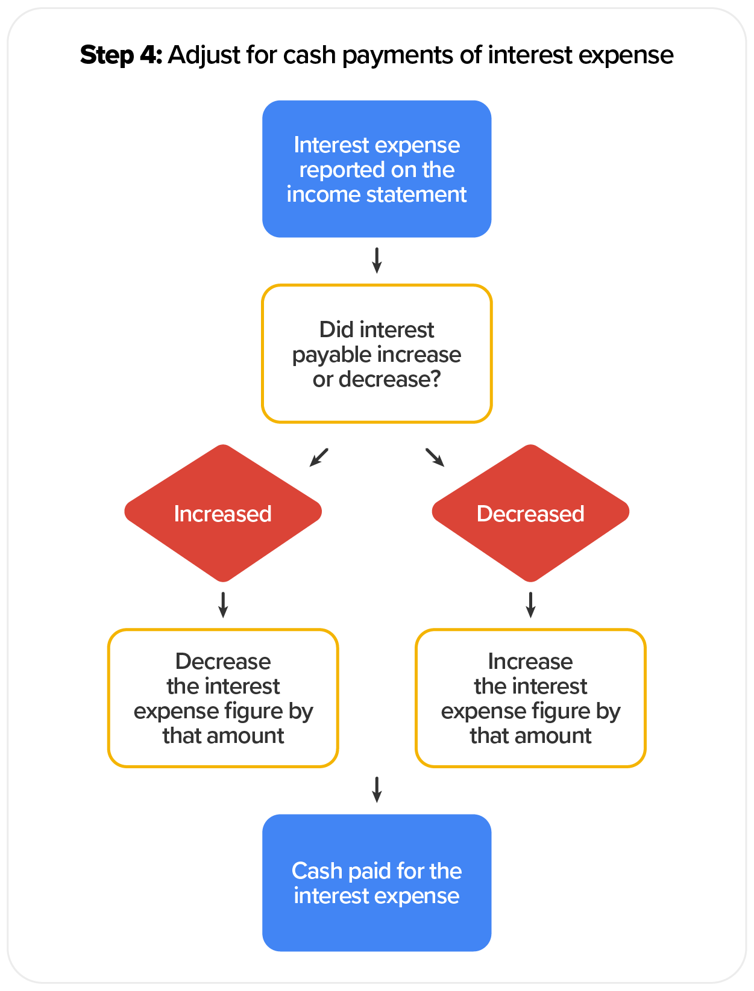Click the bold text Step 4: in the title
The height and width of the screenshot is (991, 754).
pyautogui.click(x=121, y=55)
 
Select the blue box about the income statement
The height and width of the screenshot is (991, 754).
pyautogui.click(x=377, y=169)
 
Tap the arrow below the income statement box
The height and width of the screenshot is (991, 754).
pyautogui.click(x=377, y=260)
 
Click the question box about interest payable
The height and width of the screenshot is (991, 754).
pyautogui.click(x=377, y=354)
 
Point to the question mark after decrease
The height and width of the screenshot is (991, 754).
pyautogui.click(x=435, y=379)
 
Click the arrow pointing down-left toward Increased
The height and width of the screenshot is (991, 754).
pyautogui.click(x=319, y=457)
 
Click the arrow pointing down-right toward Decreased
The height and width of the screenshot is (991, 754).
pyautogui.click(x=435, y=457)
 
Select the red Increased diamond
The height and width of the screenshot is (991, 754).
pyautogui.click(x=223, y=513)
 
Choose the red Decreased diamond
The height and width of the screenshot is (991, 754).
pyautogui.click(x=530, y=513)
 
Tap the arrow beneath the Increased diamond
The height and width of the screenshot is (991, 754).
pyautogui.click(x=223, y=604)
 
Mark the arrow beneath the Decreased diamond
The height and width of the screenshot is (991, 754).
pyautogui.click(x=530, y=604)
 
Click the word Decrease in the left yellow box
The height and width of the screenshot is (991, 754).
pyautogui.click(x=223, y=661)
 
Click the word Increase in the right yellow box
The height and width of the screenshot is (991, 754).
pyautogui.click(x=530, y=661)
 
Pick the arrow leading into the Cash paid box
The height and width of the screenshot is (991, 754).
pyautogui.click(x=377, y=789)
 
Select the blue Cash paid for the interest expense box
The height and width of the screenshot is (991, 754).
pyautogui.click(x=377, y=883)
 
